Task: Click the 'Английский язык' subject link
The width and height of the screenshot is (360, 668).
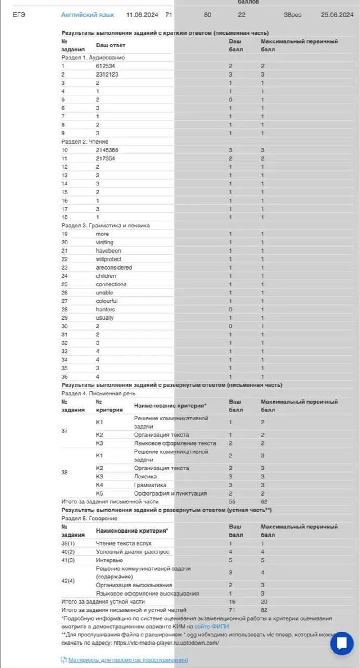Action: [87, 15]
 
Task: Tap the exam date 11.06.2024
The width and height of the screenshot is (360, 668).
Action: [142, 15]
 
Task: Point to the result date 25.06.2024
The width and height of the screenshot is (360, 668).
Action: [337, 15]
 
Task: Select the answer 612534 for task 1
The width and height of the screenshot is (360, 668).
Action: [105, 66]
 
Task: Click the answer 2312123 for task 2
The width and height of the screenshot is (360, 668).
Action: [107, 75]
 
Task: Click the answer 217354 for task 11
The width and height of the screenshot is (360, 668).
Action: [105, 158]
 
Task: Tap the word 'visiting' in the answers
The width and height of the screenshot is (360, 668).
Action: [105, 243]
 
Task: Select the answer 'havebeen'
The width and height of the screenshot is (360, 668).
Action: [108, 251]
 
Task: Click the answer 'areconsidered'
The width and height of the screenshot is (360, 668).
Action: [114, 268]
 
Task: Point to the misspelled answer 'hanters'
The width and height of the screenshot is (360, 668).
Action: [105, 310]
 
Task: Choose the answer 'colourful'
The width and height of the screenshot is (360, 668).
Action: [107, 301]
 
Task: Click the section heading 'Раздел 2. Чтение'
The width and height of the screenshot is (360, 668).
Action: [85, 142]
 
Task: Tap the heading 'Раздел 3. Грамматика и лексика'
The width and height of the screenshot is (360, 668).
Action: [105, 226]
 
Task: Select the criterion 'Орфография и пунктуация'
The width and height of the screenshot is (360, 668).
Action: [170, 493]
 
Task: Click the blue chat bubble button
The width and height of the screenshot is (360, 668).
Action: [342, 643]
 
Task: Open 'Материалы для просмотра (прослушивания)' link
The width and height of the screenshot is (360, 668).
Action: [128, 660]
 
